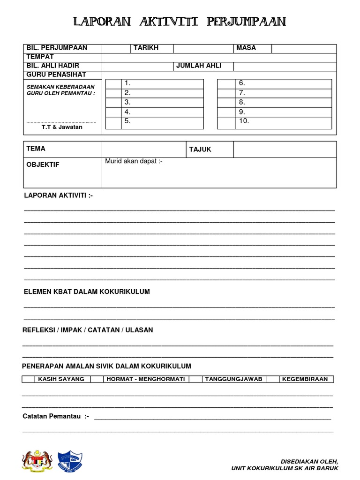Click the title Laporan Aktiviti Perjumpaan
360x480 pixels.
180,22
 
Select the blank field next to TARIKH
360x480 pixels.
203,48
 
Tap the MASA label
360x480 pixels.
246,48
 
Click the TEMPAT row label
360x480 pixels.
40,57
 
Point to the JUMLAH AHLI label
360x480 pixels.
199,66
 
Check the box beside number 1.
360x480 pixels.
113,83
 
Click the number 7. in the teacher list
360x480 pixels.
242,93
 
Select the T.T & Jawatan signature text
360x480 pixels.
62,127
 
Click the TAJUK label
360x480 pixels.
200,150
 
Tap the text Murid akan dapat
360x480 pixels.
134,161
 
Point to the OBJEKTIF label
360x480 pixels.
43,165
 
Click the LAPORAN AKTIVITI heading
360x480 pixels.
58,195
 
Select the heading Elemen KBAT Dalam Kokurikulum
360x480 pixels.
87,292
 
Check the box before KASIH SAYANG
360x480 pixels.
28,379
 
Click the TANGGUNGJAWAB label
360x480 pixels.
233,379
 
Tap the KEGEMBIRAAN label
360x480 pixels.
305,379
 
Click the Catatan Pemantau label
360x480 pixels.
56,416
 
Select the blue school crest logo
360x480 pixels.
70,461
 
